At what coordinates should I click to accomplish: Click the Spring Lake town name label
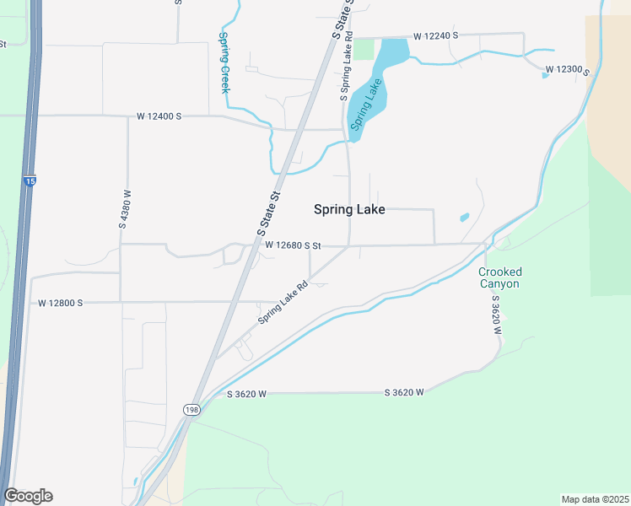(x=349, y=210)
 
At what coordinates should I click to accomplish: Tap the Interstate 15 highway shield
(x=30, y=181)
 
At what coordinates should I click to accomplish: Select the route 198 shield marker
(x=192, y=409)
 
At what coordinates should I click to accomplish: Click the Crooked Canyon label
(x=499, y=277)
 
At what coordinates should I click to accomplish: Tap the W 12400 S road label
(x=159, y=116)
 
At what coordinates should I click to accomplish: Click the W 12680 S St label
(x=293, y=245)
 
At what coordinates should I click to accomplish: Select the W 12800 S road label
(x=60, y=302)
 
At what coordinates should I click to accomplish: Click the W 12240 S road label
(x=435, y=36)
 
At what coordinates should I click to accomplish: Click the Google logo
(x=28, y=496)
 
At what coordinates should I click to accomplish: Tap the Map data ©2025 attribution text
(x=595, y=499)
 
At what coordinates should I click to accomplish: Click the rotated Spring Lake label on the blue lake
(x=368, y=104)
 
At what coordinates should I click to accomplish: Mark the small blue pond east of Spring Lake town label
(x=464, y=217)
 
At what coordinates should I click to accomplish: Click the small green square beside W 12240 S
(x=363, y=49)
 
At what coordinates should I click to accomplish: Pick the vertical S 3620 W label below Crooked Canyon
(x=497, y=315)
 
